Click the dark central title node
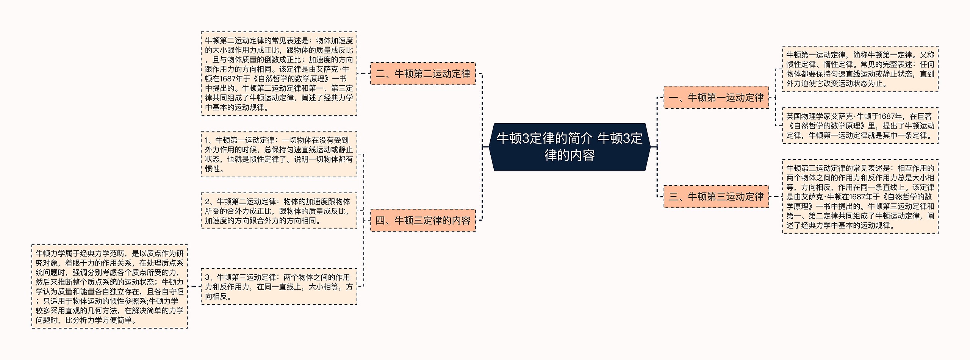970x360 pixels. pos(569,147)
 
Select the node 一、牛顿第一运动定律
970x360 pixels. pos(716,97)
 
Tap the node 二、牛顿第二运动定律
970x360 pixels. pos(423,74)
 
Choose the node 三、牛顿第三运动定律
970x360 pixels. pos(716,196)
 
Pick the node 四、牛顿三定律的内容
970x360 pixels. pos(423,220)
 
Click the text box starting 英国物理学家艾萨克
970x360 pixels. pos(860,126)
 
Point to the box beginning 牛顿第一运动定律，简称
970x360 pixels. pos(860,69)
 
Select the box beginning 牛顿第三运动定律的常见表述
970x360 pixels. pos(860,196)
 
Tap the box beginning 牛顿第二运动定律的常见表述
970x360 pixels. pos(279,74)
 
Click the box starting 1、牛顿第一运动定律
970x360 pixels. pos(279,154)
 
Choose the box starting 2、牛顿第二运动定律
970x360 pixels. pos(279,211)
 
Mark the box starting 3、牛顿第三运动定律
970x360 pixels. pos(279,286)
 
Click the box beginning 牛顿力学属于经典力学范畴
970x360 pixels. pos(110,286)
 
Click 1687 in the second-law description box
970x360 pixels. pos(228,79)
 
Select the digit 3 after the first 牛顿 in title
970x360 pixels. pos(525,138)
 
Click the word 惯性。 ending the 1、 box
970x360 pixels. pos(215,169)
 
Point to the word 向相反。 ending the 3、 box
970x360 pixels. pos(218,296)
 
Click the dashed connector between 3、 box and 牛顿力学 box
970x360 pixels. pos(194,286)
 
